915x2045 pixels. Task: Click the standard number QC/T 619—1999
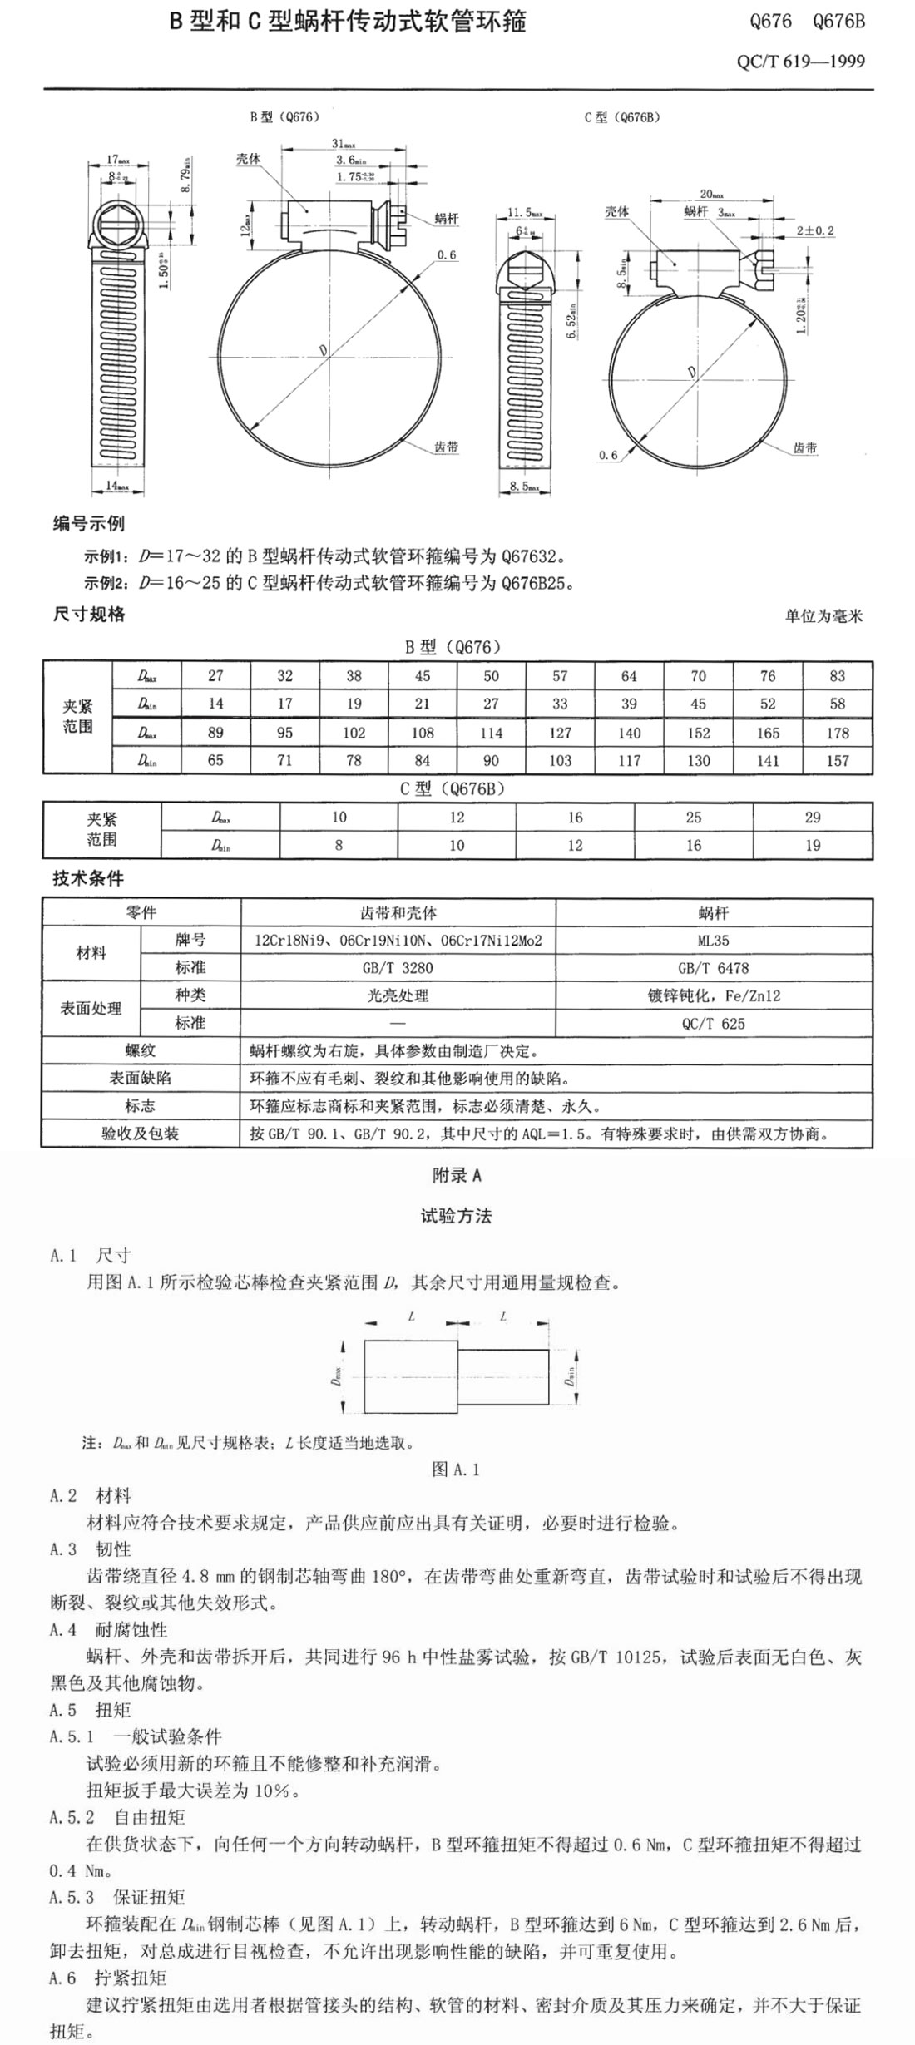pyautogui.click(x=800, y=62)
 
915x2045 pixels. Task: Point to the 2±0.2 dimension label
pyautogui.click(x=814, y=230)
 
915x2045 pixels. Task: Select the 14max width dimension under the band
pyautogui.click(x=117, y=486)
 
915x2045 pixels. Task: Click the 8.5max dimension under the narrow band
pyautogui.click(x=524, y=486)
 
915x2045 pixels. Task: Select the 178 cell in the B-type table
pyautogui.click(x=837, y=733)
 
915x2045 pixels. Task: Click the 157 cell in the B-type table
pyautogui.click(x=837, y=760)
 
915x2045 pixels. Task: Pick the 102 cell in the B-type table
pyautogui.click(x=354, y=733)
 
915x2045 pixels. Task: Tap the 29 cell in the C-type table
pyautogui.click(x=812, y=818)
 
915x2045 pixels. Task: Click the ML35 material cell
pyautogui.click(x=714, y=941)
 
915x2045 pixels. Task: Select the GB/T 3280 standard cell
pyautogui.click(x=398, y=968)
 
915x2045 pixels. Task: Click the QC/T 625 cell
pyautogui.click(x=714, y=1024)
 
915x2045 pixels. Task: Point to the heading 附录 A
pyautogui.click(x=457, y=1175)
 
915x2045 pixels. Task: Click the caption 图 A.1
pyautogui.click(x=456, y=1470)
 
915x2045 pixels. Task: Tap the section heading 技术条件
pyautogui.click(x=88, y=878)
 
